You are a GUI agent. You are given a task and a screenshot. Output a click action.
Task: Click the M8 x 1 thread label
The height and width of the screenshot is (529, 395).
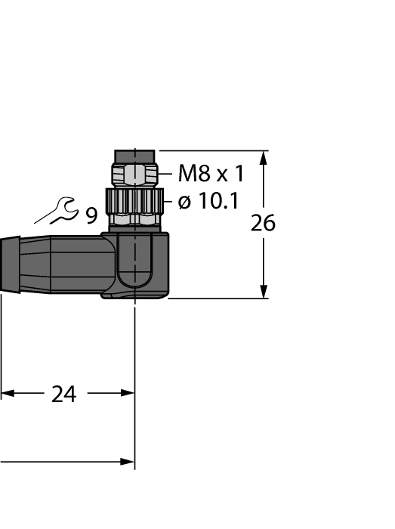211,175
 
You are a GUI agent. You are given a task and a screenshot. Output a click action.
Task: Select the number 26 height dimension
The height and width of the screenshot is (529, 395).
262,224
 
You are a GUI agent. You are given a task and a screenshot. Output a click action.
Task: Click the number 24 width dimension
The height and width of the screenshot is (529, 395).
63,394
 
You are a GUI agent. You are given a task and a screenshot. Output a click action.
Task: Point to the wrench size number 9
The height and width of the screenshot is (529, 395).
91,216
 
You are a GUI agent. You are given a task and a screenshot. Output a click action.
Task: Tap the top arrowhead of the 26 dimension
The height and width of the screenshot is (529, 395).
263,157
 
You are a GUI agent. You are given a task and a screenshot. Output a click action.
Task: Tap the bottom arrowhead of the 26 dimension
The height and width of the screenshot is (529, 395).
263,292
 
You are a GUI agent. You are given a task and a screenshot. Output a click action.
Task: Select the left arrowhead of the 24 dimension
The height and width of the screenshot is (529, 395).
7,393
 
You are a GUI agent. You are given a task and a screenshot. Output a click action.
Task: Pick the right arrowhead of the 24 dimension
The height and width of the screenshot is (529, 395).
128,393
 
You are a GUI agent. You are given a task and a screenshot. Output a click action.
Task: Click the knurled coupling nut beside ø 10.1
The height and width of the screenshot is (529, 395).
134,200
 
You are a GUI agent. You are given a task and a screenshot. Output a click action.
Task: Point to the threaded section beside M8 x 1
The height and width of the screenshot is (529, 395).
134,175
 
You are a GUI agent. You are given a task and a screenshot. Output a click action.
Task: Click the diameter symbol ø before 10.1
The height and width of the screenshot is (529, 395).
184,202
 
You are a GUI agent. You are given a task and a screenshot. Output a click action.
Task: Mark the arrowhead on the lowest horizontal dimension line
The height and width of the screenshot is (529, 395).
127,462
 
